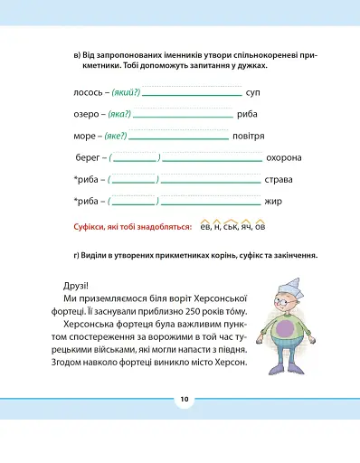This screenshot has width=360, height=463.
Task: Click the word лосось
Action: [x=87, y=93]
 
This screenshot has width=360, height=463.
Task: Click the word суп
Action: [x=253, y=93]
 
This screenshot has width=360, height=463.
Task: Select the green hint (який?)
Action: [x=127, y=93]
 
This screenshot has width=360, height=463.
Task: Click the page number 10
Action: [x=184, y=398]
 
